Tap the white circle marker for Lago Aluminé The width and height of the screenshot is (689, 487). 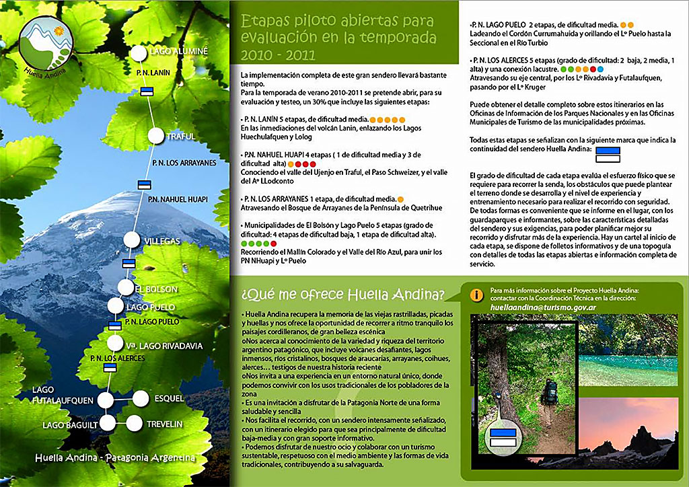click(139, 52)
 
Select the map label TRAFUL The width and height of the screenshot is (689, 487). click(180, 137)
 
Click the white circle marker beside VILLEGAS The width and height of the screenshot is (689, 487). click(133, 239)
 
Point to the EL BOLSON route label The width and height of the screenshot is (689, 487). click(156, 289)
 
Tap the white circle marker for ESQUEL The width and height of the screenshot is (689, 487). click(140, 398)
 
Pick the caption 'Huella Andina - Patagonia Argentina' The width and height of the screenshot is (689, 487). click(114, 458)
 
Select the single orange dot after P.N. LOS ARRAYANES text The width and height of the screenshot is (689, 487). click(400, 199)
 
